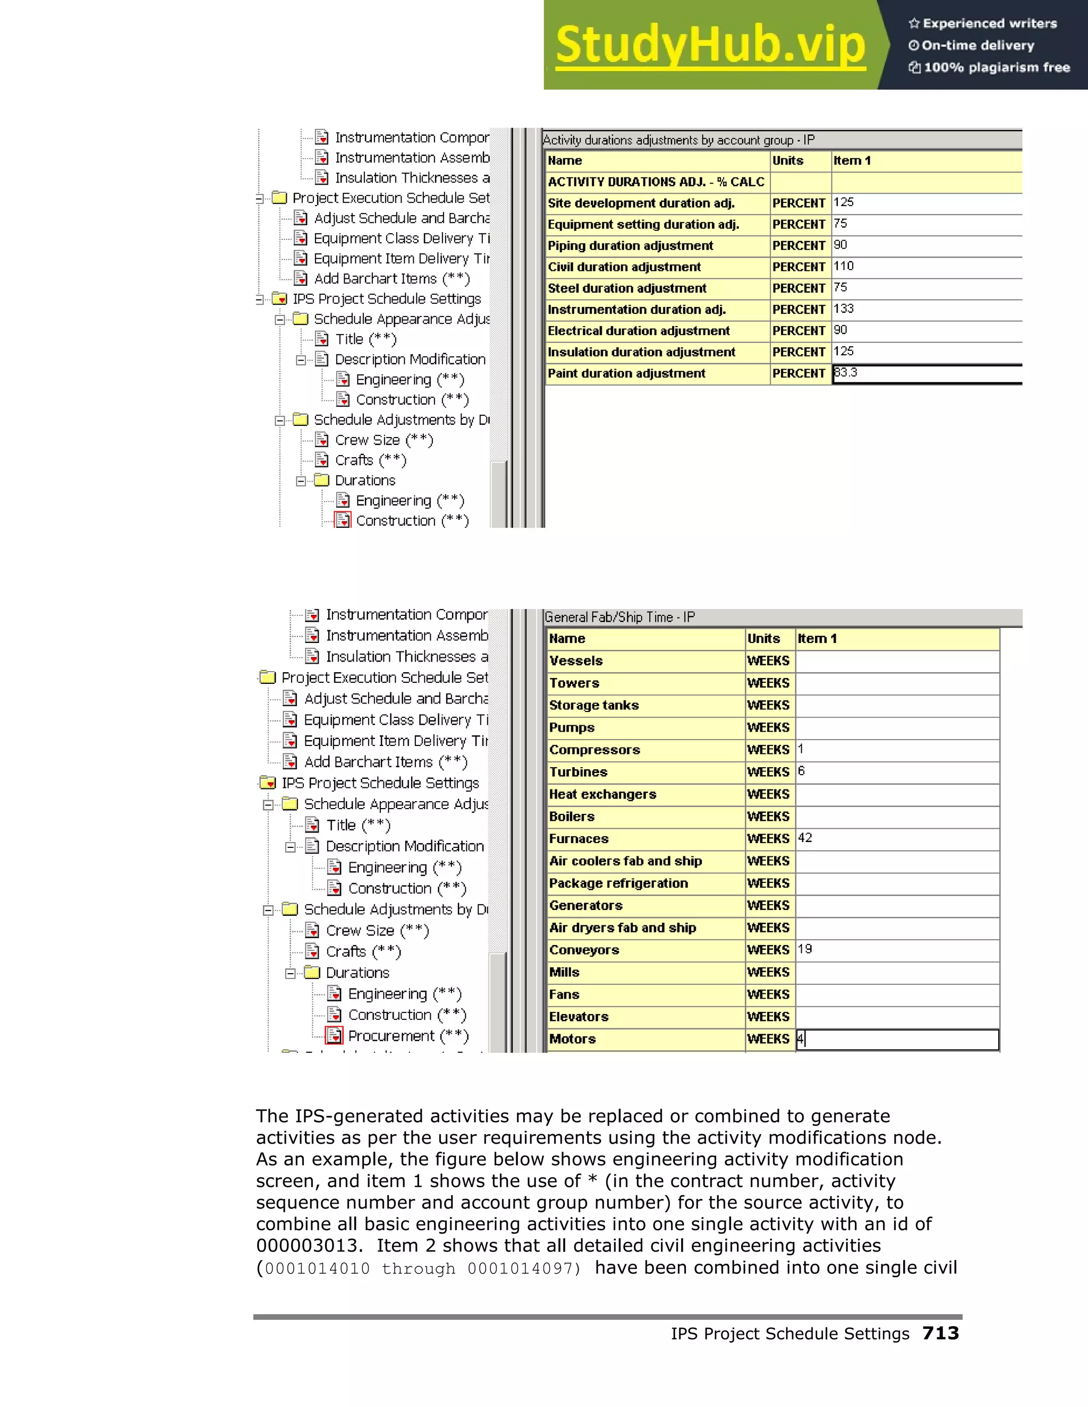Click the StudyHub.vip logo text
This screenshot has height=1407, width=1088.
[x=710, y=45]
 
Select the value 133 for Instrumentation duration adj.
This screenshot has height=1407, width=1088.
[x=844, y=309]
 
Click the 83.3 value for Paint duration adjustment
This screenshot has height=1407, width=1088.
[x=846, y=373]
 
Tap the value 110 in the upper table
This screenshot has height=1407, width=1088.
[x=844, y=266]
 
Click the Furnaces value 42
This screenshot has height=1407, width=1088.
[x=805, y=838]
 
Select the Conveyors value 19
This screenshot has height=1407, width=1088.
[x=805, y=949]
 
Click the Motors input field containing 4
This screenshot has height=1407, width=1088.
[x=897, y=1039]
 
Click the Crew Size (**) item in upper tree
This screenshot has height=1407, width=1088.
[x=384, y=440]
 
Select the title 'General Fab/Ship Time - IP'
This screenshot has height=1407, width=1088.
[x=619, y=617]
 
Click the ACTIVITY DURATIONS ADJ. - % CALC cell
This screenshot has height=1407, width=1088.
[x=656, y=182]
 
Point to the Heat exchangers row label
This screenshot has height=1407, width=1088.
[x=602, y=794]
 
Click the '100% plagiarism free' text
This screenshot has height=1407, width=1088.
[x=997, y=67]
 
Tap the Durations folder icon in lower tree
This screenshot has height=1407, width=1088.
[x=312, y=972]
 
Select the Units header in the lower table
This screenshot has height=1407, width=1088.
[x=764, y=638]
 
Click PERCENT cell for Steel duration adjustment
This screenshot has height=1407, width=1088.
[x=798, y=288]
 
